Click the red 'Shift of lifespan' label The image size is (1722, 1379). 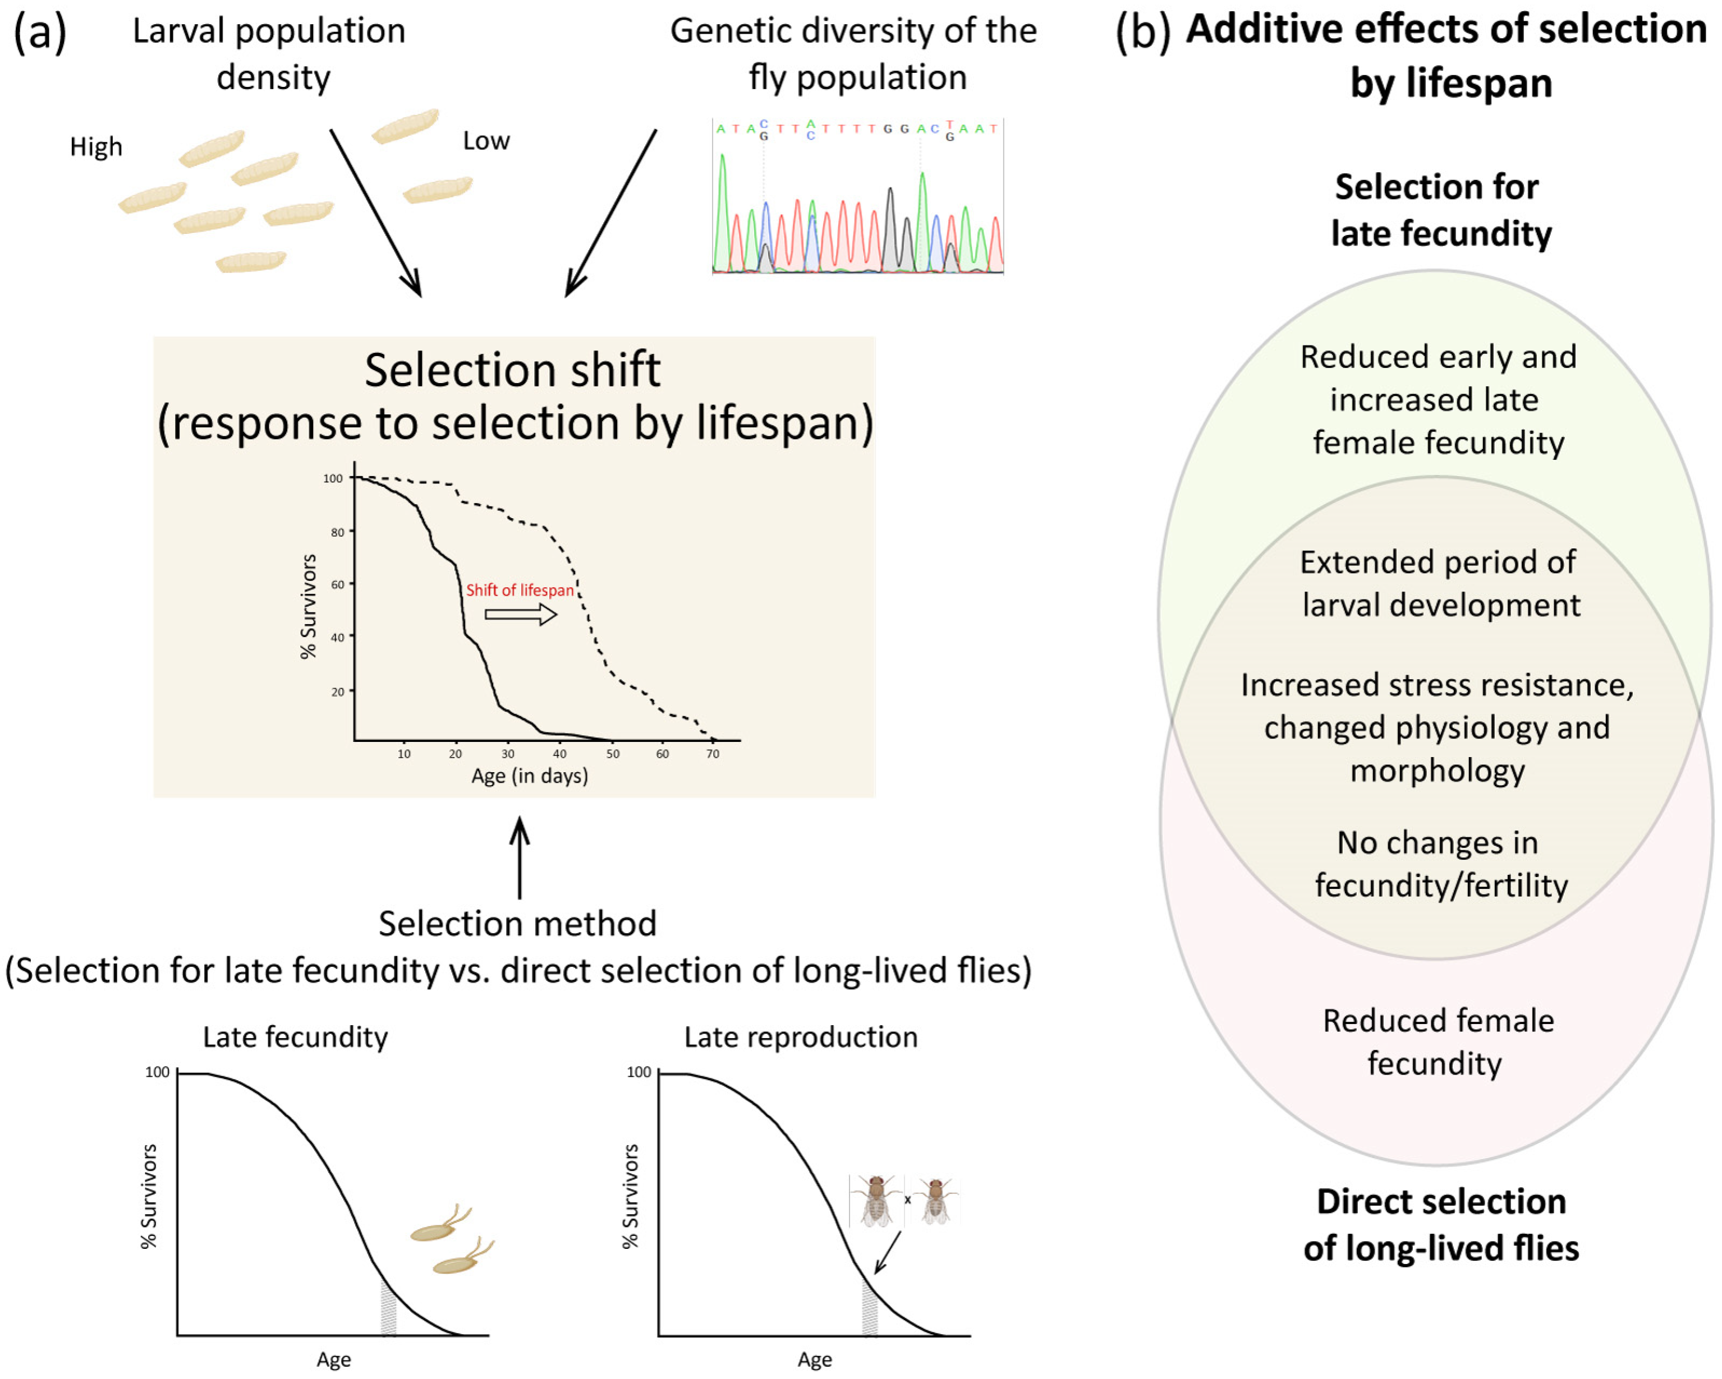point(520,590)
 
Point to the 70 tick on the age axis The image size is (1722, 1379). point(713,753)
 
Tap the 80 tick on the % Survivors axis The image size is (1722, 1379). point(338,532)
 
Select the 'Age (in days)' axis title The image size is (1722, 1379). point(530,776)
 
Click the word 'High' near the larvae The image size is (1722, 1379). point(96,147)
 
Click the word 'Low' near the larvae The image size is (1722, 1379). point(485,141)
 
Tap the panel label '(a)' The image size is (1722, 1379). point(40,32)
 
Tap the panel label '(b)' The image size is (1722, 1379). point(1142,32)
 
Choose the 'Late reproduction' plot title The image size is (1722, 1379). point(801,1036)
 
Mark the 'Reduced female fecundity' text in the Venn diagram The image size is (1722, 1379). point(1438,1042)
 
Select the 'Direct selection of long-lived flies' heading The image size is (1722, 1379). point(1441,1224)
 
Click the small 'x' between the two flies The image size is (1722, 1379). point(907,1200)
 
